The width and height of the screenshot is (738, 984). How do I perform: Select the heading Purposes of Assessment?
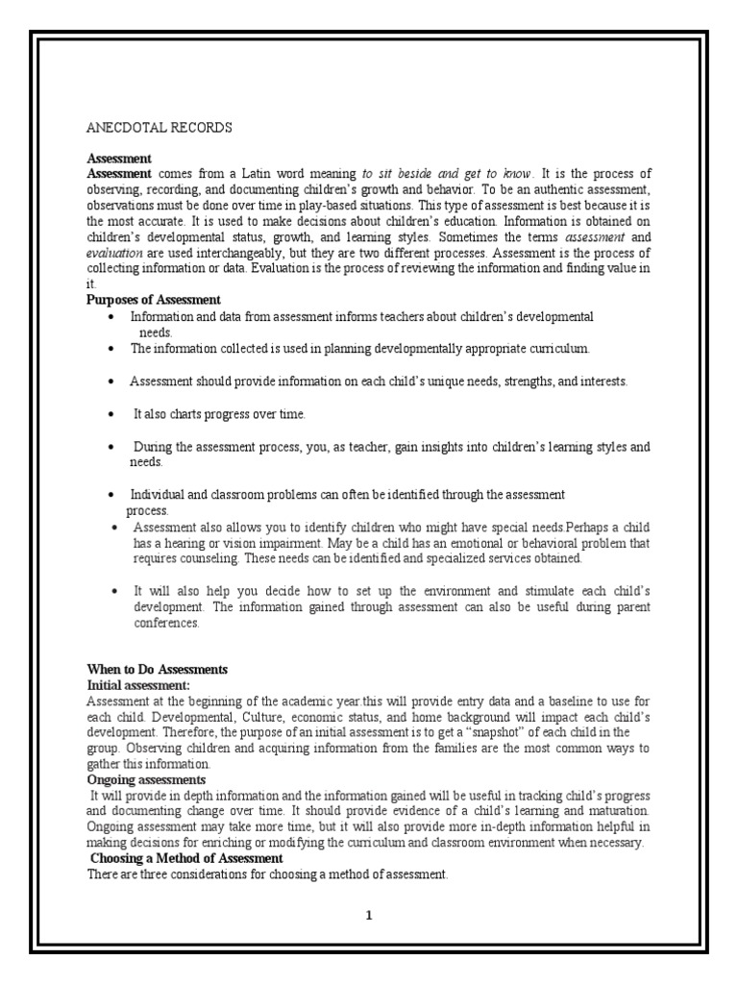154,300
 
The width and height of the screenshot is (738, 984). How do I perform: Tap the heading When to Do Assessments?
157,670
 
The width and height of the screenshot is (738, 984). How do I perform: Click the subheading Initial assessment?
138,685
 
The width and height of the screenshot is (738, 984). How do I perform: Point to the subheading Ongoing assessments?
146,779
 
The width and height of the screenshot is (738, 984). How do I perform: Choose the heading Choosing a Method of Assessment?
185,858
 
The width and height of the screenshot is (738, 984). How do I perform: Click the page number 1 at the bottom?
368,916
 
